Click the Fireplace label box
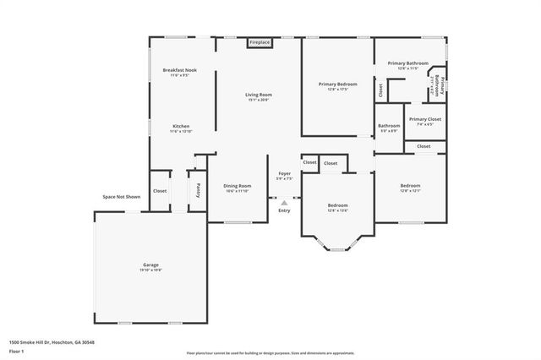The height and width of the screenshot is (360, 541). click(259, 41)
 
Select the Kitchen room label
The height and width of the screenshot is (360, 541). click(181, 128)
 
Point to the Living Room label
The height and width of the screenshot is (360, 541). click(259, 96)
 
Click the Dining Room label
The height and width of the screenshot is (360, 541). click(238, 188)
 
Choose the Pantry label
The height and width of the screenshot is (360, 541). click(198, 189)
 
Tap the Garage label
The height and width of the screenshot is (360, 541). click(150, 266)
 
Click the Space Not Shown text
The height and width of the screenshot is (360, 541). click(121, 196)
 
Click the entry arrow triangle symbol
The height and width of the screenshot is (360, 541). click(285, 203)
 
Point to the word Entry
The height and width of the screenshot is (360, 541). click(284, 210)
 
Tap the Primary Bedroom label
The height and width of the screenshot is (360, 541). click(337, 86)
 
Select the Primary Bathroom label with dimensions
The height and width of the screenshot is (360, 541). click(409, 65)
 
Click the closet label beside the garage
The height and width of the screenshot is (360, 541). click(160, 190)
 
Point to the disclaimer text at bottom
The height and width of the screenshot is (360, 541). click(270, 353)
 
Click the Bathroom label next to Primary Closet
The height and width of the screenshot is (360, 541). click(389, 128)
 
